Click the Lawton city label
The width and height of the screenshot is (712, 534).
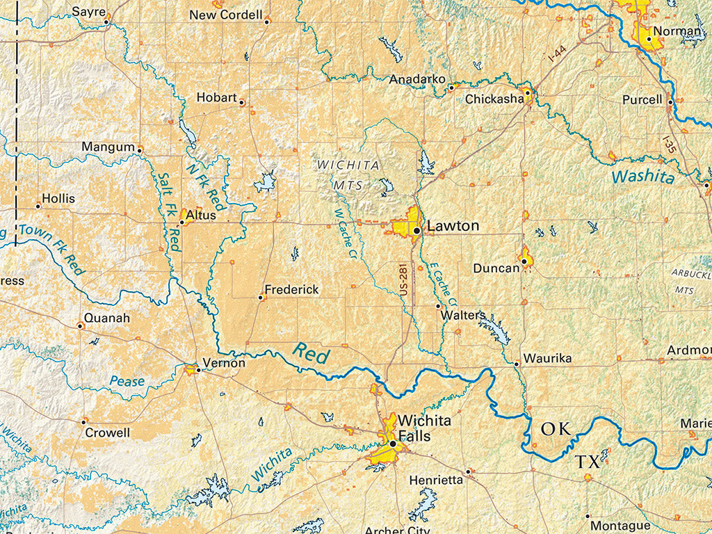(x=453, y=226)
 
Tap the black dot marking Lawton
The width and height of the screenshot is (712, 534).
(x=416, y=229)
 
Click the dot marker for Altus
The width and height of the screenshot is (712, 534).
(x=182, y=222)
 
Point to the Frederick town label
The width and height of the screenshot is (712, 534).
(x=291, y=289)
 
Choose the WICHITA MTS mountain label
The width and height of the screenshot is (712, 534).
(x=349, y=175)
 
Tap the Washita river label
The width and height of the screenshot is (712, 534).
(x=643, y=177)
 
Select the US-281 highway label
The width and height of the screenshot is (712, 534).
(x=404, y=280)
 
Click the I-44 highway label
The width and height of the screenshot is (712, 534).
(x=556, y=54)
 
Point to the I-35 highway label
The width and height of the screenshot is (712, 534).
(x=669, y=144)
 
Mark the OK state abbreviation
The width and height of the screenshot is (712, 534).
(x=556, y=429)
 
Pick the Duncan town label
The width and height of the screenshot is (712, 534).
(x=496, y=268)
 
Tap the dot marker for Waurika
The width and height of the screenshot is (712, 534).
(x=517, y=364)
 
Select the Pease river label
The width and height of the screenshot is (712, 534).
(x=127, y=380)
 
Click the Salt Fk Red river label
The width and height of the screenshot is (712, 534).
(x=169, y=212)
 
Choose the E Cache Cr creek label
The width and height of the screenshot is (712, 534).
(x=442, y=285)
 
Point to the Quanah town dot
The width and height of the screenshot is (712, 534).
(x=80, y=325)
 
